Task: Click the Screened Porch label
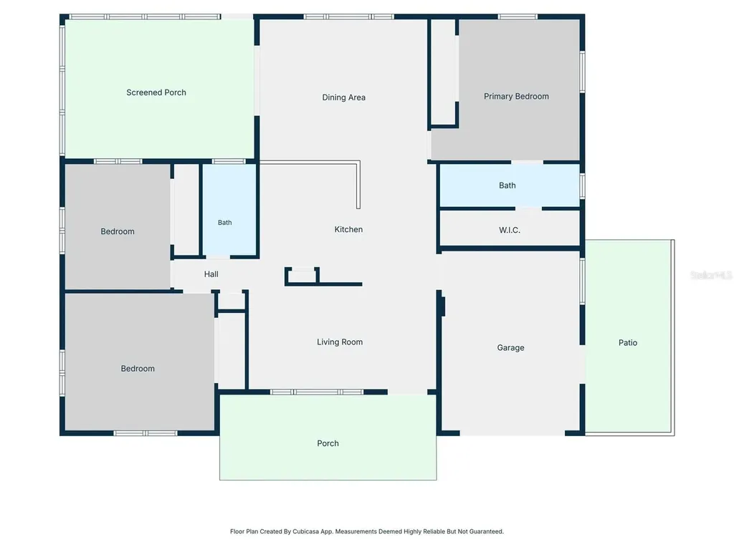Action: coord(156,92)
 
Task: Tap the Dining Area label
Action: coord(343,97)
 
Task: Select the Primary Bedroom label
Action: coord(516,97)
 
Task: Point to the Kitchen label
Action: coord(348,229)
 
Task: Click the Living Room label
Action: coord(340,342)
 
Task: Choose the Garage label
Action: coord(510,347)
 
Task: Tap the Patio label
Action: coord(628,343)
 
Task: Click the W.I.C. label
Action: coord(510,230)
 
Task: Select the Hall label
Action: coord(211,274)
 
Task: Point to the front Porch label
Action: coord(328,443)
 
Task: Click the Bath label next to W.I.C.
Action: coord(507,185)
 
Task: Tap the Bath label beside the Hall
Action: coord(224,223)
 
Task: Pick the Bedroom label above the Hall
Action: coord(118,231)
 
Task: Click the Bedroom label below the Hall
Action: coord(138,369)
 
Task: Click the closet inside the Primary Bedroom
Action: coord(443,72)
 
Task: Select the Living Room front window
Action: coord(317,392)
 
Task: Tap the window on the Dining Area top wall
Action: coord(349,17)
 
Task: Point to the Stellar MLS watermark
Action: coord(711,275)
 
